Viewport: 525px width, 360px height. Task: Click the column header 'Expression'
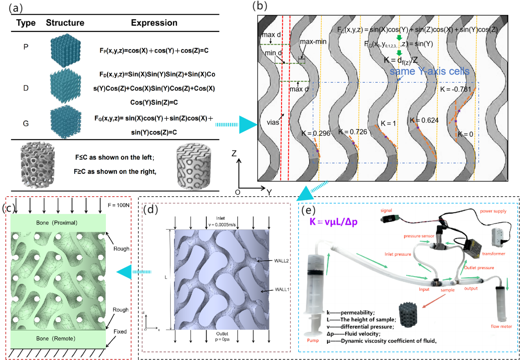(x=154, y=23)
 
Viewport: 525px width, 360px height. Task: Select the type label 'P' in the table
(x=26, y=47)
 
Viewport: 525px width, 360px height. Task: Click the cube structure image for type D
(x=65, y=88)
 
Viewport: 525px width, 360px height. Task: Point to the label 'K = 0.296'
(x=316, y=133)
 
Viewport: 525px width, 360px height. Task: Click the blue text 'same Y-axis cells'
(x=429, y=71)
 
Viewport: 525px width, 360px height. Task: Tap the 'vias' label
(x=273, y=122)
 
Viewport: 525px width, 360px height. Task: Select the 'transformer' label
(x=493, y=254)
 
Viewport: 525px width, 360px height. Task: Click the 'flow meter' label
(x=501, y=326)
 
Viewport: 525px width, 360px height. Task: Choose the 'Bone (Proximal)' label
(x=58, y=223)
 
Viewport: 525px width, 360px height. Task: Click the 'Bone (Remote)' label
(x=58, y=339)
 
